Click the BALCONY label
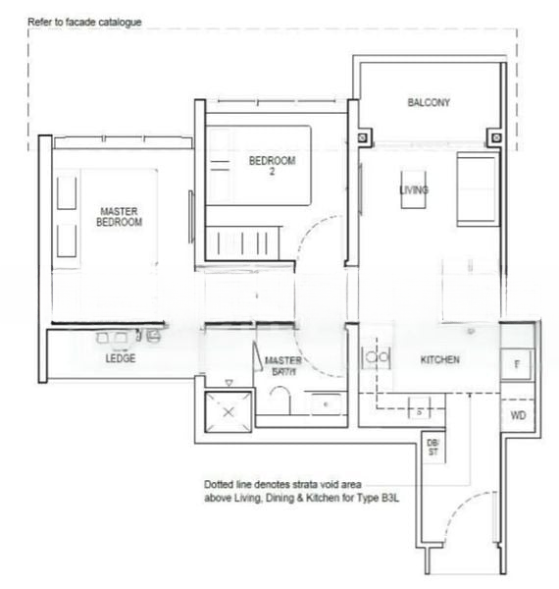click(x=429, y=102)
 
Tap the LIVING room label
click(x=413, y=189)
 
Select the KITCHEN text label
click(x=439, y=360)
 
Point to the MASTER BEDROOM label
click(x=119, y=217)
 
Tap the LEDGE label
click(x=121, y=358)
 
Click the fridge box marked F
click(x=516, y=363)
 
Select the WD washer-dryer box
click(x=518, y=415)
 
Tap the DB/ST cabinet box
click(x=433, y=448)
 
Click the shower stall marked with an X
click(x=228, y=412)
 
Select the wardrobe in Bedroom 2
click(x=244, y=239)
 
